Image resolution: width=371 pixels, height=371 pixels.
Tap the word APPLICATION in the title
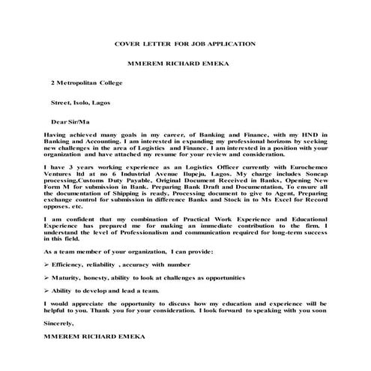pos(233,44)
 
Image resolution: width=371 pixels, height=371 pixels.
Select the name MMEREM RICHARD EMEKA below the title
pos(184,65)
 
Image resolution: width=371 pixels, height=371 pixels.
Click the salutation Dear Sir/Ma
pos(70,120)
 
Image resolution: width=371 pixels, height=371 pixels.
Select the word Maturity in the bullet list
pos(70,277)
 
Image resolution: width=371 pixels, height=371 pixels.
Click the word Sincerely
pos(60,323)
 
